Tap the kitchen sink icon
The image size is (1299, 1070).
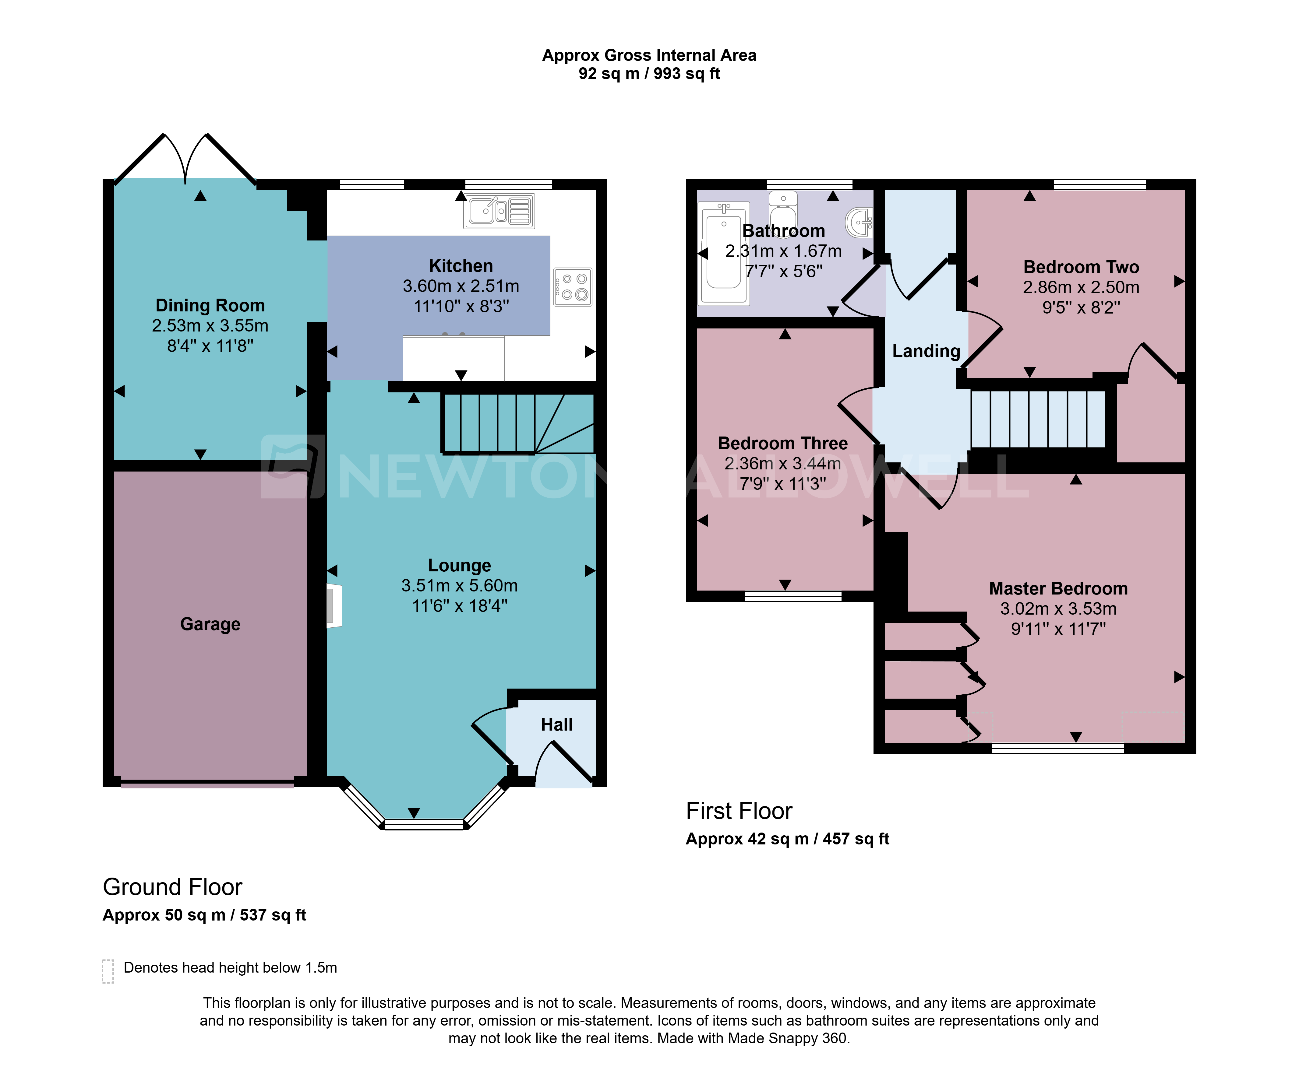pos(499,211)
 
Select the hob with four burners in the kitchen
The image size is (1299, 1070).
pos(573,287)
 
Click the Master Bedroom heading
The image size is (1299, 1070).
pos(1058,589)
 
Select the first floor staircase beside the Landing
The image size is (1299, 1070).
pos(1038,419)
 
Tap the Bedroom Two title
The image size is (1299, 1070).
pos(1081,267)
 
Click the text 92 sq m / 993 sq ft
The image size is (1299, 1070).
pos(649,74)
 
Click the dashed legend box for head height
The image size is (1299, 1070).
pos(108,971)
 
